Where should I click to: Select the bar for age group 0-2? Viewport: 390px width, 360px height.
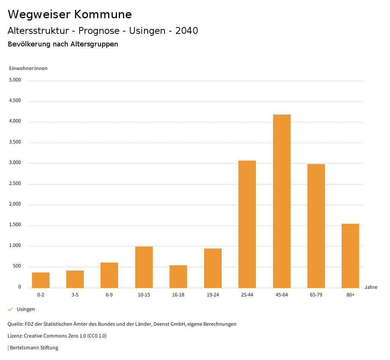[41, 280]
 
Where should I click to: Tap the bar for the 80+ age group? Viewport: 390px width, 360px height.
[350, 256]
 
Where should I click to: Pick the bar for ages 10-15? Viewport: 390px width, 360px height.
[144, 267]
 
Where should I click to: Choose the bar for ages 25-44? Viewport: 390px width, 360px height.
[247, 224]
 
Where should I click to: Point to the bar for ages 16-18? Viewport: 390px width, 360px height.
[178, 276]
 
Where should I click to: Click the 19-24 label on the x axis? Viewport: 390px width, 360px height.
[213, 295]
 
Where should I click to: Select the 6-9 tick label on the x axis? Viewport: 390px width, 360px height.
[109, 295]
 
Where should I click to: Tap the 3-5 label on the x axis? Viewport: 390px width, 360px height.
[75, 295]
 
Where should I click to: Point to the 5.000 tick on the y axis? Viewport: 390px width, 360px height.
[15, 80]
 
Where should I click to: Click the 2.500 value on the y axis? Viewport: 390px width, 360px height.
[15, 184]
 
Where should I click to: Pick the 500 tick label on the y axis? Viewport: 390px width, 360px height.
[17, 266]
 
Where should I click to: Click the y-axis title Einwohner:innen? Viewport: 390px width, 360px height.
[28, 68]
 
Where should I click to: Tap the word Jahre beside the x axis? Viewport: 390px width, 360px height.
[371, 287]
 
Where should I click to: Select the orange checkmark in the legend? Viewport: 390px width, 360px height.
[10, 309]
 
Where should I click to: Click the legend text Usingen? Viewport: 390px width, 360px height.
[26, 309]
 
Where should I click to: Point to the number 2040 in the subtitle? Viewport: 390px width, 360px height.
[187, 31]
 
